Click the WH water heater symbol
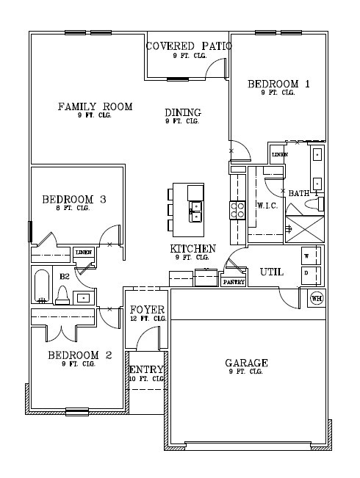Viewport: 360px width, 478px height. click(317, 298)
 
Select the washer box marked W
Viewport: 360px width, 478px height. click(307, 256)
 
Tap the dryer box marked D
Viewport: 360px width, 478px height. click(307, 273)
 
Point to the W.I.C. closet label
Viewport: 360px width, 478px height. click(266, 206)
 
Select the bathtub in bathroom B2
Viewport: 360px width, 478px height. click(41, 286)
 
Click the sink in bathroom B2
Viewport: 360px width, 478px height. click(83, 297)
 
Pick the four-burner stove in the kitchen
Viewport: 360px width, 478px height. click(238, 211)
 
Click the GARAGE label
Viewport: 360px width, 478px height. click(245, 363)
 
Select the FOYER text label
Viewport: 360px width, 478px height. click(147, 309)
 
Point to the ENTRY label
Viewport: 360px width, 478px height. click(146, 369)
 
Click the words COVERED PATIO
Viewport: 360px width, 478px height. click(189, 46)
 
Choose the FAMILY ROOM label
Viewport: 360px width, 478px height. click(95, 107)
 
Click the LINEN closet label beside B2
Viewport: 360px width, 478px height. click(83, 253)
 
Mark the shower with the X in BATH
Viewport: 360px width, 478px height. click(303, 228)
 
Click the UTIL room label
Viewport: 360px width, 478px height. click(272, 272)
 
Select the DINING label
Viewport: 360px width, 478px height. click(182, 112)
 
